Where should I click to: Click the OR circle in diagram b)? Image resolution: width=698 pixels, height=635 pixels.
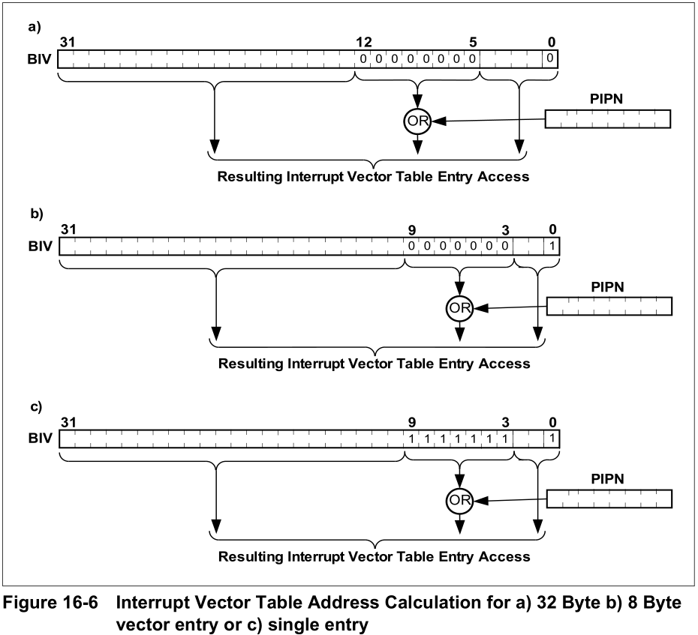coord(459,308)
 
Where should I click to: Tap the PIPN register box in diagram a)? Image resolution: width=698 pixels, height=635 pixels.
coord(607,119)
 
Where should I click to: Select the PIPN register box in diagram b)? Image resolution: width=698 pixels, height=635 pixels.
coord(609,306)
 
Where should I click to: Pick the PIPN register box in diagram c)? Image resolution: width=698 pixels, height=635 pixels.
coord(609,499)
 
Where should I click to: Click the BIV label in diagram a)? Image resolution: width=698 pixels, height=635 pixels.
coord(40,59)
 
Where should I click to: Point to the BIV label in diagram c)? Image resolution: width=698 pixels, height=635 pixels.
coord(40,438)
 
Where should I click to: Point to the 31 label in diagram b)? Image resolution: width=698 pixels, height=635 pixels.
coord(68,229)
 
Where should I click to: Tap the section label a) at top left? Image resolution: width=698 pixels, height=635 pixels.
coord(33,26)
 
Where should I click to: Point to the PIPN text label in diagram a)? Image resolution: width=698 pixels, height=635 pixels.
coord(607,98)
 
